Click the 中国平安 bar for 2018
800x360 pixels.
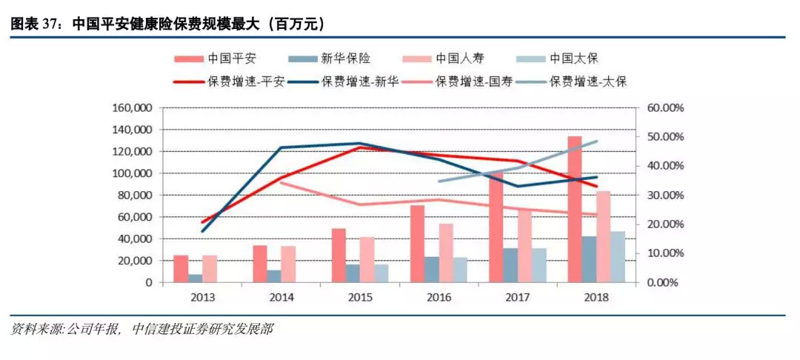(575, 210)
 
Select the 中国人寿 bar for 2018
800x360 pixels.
(604, 237)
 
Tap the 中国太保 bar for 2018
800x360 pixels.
(618, 257)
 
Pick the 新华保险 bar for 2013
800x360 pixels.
(196, 279)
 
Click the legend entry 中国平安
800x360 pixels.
(218, 58)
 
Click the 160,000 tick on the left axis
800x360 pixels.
(131, 108)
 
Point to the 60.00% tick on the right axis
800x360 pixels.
(664, 108)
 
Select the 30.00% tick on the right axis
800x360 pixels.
(664, 196)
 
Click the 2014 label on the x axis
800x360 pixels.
(282, 297)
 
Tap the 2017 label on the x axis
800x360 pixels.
(518, 297)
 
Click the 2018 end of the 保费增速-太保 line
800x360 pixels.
(597, 141)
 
